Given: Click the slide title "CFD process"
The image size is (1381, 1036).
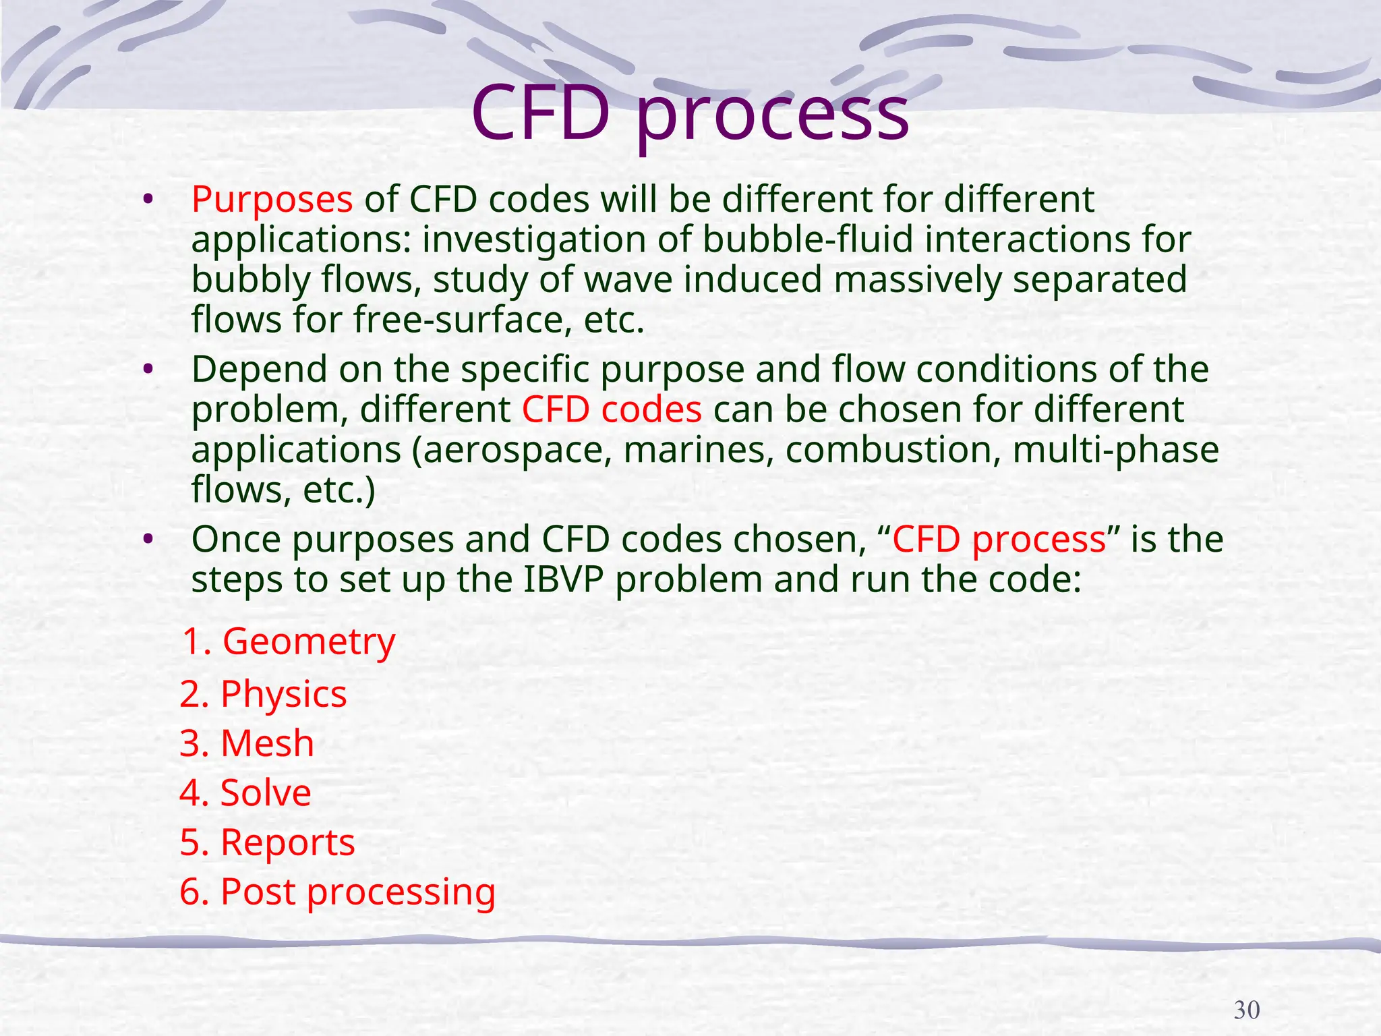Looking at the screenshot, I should tap(690, 115).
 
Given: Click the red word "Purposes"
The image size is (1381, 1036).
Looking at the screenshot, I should tap(272, 200).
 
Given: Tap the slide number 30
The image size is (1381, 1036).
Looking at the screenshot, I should tap(1246, 1010).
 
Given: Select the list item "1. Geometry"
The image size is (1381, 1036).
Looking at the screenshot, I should tap(289, 641).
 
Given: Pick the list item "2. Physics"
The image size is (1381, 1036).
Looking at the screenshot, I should tap(263, 694).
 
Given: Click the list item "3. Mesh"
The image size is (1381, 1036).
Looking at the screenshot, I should tap(247, 743).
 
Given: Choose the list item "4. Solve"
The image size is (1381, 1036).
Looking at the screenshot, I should tap(245, 793).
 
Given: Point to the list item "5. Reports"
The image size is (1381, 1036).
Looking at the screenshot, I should tap(267, 843).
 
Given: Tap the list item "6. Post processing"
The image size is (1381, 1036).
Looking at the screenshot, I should tap(337, 892).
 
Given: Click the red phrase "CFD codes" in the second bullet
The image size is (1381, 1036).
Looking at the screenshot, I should tap(612, 409).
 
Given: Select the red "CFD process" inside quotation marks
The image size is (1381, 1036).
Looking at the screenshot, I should tap(999, 540).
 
